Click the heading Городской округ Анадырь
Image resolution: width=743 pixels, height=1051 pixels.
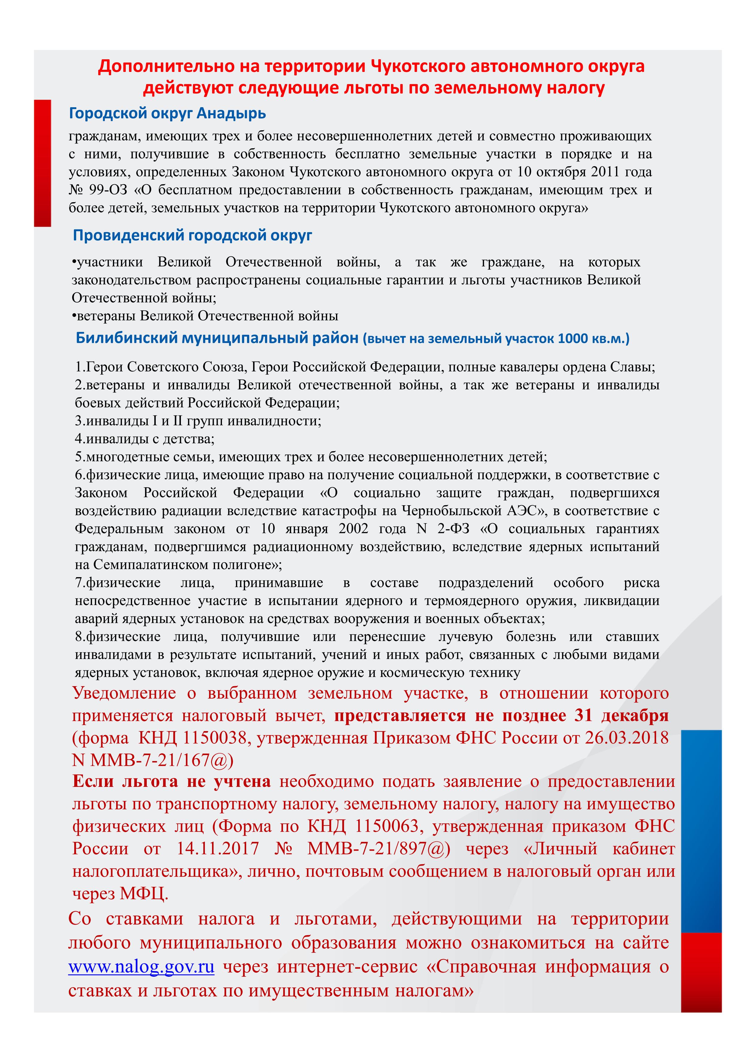pyautogui.click(x=167, y=113)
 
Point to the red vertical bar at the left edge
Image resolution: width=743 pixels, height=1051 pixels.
pyautogui.click(x=42, y=163)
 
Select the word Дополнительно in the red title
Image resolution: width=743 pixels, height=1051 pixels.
pyautogui.click(x=163, y=66)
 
